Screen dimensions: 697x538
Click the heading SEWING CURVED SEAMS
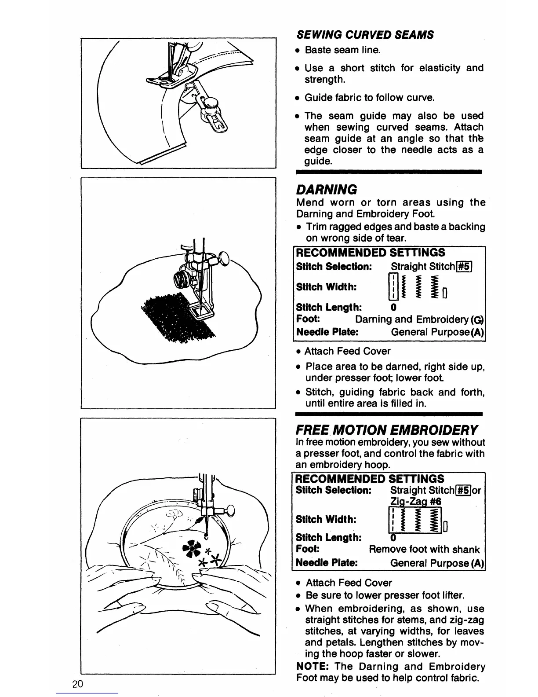pyautogui.click(x=365, y=35)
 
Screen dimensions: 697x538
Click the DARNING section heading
pyautogui.click(x=327, y=190)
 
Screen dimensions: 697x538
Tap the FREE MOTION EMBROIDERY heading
pyautogui.click(x=387, y=429)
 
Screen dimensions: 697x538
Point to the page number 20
pyautogui.click(x=78, y=684)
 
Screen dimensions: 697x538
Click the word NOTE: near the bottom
pyautogui.click(x=313, y=667)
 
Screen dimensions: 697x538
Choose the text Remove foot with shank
pyautogui.click(x=424, y=549)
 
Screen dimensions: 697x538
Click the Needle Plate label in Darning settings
pyautogui.click(x=327, y=332)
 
